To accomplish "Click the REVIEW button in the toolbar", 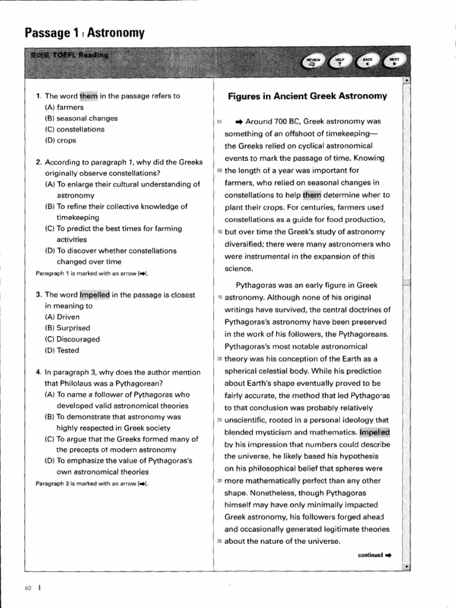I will (x=313, y=62).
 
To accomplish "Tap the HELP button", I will (x=340, y=62).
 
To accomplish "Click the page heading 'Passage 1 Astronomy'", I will (x=85, y=33).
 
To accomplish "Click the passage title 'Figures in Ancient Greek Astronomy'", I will (x=308, y=96).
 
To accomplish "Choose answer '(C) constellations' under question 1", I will (x=75, y=129).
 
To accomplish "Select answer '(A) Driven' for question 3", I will (x=62, y=317).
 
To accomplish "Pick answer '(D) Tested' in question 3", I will (x=62, y=350).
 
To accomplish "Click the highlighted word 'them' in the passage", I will (x=311, y=194).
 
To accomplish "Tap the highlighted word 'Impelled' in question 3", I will (x=95, y=294).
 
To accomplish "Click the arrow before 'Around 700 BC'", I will (x=239, y=122).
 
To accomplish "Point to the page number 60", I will (x=28, y=588).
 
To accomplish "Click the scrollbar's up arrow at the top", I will (x=406, y=80).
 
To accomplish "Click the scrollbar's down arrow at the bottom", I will (x=406, y=567).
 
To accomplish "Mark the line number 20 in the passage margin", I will (x=219, y=359).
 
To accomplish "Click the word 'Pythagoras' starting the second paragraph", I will (x=256, y=285).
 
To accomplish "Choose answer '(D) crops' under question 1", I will (x=61, y=140).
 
